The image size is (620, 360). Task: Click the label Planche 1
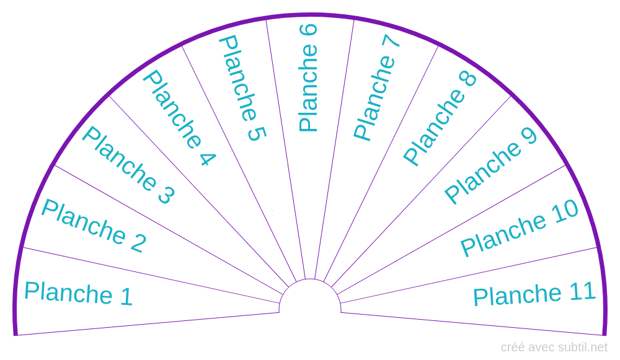[x=78, y=293]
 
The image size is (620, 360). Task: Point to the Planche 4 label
[x=179, y=118]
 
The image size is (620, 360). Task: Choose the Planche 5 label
[x=242, y=88]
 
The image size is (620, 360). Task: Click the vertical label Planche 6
[x=308, y=78]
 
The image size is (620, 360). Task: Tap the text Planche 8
[x=440, y=118]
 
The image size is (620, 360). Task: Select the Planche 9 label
[x=490, y=165]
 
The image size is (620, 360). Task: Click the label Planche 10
[x=520, y=228]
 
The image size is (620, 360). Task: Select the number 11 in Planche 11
[x=582, y=291]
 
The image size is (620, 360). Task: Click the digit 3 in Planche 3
[x=166, y=195]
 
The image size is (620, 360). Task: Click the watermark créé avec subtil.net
[x=554, y=347]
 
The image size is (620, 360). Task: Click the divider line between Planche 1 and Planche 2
[x=149, y=275]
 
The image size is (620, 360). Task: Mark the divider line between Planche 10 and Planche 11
[x=471, y=275]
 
